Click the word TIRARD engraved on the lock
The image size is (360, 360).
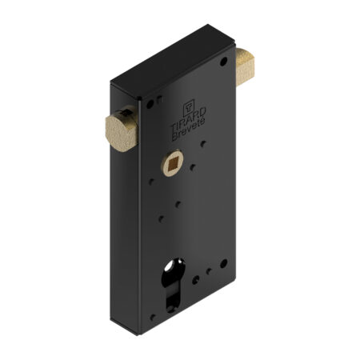coord(188,118)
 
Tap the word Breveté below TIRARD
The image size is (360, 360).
coord(188,130)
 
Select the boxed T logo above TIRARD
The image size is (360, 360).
coord(189,108)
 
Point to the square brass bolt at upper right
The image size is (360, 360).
coord(245,66)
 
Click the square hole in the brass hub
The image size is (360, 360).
coord(171,163)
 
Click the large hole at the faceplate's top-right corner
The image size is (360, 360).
coord(223,62)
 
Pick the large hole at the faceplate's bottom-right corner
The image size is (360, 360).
coord(223,263)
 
